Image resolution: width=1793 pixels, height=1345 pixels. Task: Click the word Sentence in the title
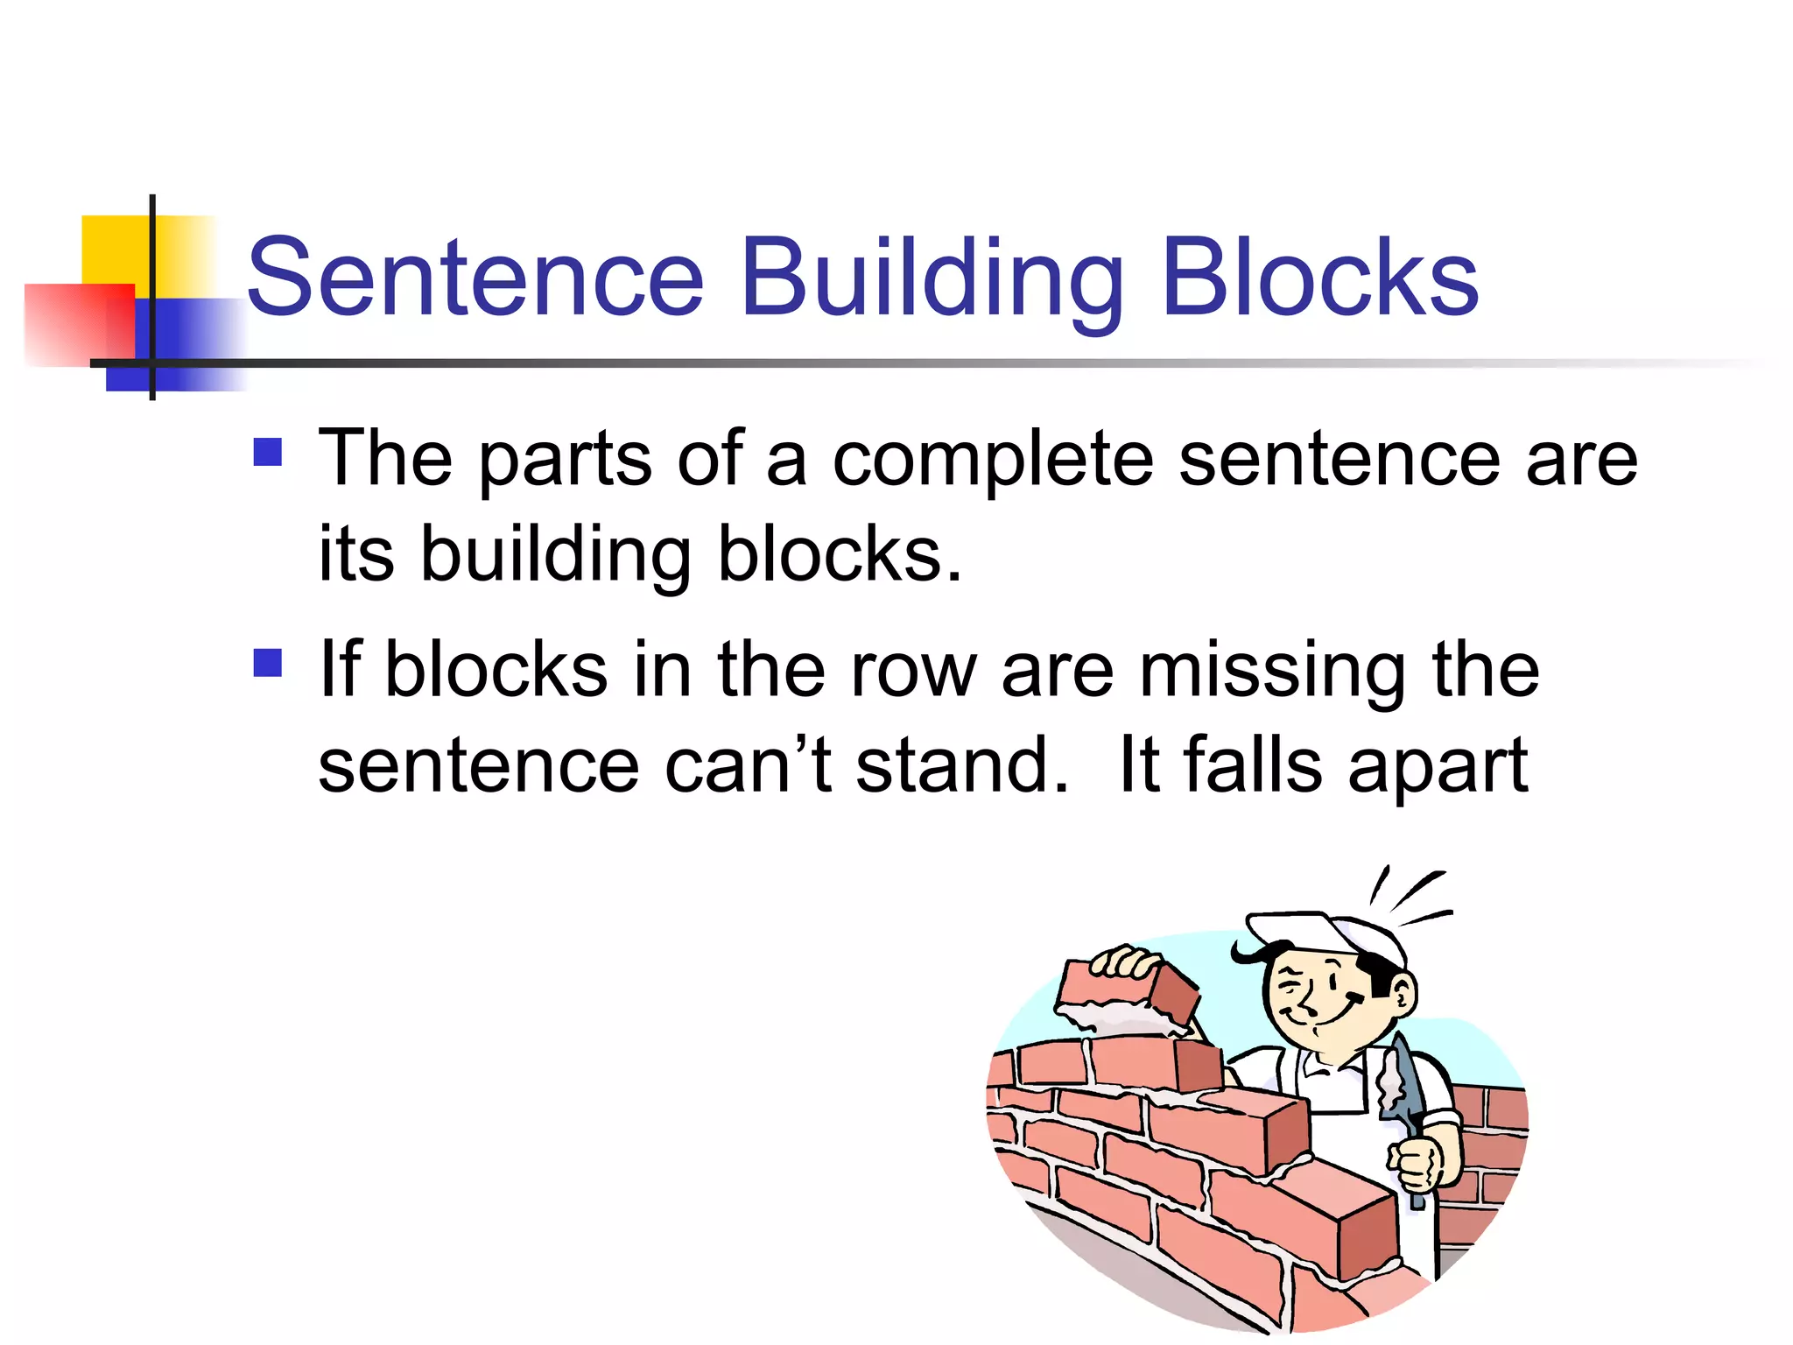475,278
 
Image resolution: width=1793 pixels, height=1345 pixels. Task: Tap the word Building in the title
932,278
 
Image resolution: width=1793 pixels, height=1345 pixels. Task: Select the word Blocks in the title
1320,278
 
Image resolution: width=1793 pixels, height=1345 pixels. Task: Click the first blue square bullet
268,452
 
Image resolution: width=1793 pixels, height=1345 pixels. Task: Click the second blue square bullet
268,663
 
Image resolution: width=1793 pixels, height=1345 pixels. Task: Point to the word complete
992,461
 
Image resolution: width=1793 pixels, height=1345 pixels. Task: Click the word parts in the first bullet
565,461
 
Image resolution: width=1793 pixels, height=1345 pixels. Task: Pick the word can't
748,765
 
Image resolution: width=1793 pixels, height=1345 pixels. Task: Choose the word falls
1253,765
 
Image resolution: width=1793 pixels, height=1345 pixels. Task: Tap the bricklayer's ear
1402,995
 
